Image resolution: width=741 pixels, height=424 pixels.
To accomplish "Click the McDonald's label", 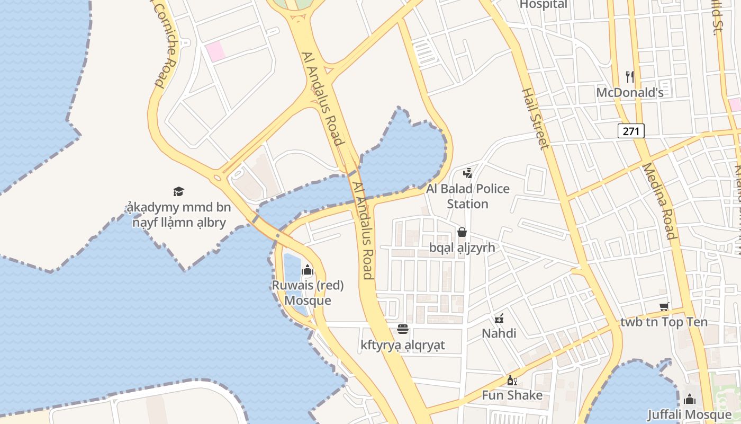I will (x=629, y=93).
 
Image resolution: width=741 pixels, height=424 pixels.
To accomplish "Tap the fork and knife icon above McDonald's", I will (x=629, y=77).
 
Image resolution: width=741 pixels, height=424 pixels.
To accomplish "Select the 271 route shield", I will (x=631, y=130).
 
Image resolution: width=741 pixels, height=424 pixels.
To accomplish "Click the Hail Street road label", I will (x=535, y=118).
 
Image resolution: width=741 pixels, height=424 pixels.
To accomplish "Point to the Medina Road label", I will (x=659, y=201).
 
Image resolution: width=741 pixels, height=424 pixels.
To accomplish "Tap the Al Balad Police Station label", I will (x=468, y=196).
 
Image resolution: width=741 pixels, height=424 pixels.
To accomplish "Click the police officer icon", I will (x=467, y=173).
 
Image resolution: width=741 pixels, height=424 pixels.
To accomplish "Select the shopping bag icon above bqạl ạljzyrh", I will (x=462, y=232).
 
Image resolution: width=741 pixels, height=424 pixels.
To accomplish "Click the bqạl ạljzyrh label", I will (x=462, y=248).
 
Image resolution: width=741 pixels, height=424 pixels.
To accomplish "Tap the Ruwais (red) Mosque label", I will (x=308, y=293).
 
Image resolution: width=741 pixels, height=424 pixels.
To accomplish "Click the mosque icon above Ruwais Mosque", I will (x=307, y=270).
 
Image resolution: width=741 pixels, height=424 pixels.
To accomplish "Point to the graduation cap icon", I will (x=178, y=191).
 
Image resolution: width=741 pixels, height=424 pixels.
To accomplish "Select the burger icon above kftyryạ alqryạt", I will (x=403, y=330).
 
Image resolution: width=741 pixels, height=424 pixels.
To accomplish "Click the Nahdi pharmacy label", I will (x=499, y=333).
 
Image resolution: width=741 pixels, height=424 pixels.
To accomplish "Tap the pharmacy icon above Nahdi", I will (x=499, y=319).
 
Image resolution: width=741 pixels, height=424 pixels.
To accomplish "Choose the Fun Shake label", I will (x=512, y=395).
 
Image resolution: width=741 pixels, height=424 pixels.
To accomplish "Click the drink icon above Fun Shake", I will (x=512, y=381).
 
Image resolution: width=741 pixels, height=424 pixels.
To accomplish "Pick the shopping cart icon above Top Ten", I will (x=664, y=306).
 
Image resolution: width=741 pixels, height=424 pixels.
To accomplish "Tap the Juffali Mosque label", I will (x=689, y=414).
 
